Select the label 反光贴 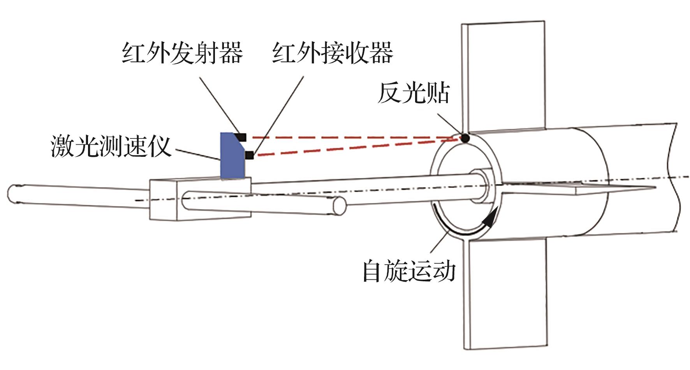[414, 93]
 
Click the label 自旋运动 [409, 271]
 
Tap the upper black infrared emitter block [241, 137]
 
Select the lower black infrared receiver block [249, 155]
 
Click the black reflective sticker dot [465, 138]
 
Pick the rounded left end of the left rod [14, 193]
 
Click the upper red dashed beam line [350, 137]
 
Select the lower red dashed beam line [350, 147]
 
